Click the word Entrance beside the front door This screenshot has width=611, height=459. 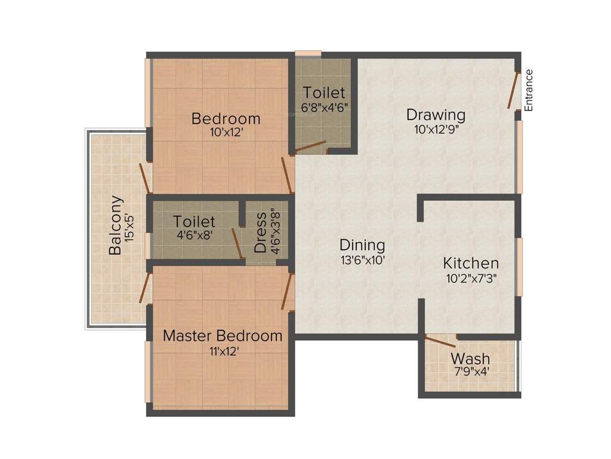point(529,90)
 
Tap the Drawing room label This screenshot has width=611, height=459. point(436,114)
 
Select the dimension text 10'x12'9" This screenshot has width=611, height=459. point(436,128)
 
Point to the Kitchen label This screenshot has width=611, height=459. point(471,263)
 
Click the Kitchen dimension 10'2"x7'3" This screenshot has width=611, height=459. point(471,277)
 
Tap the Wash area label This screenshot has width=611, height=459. point(470,359)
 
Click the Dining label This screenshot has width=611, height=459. point(362,244)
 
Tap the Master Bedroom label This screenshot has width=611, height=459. point(223,335)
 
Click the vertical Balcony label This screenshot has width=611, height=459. point(116,225)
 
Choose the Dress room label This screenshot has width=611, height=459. point(260,232)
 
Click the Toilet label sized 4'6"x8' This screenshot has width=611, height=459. point(195,222)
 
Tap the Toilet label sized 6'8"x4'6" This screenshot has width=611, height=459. point(324,93)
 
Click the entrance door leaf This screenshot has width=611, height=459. point(513,90)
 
